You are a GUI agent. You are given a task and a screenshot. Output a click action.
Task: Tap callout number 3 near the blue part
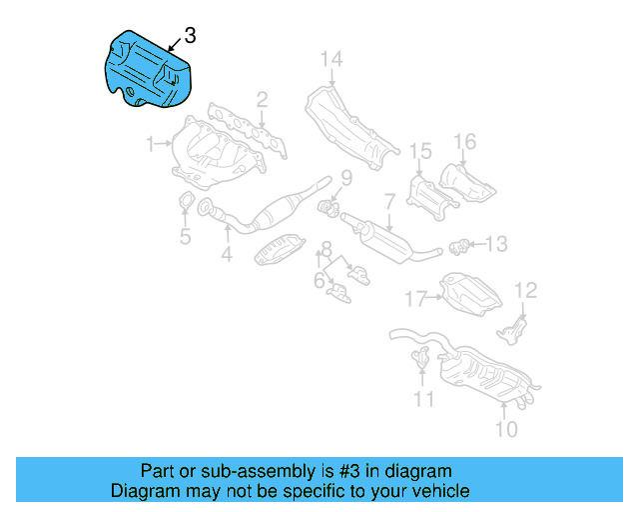click(190, 35)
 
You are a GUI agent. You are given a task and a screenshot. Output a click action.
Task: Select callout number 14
click(330, 60)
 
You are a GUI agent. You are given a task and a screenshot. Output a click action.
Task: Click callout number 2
click(262, 99)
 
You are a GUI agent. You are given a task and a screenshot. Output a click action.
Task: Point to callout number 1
click(150, 145)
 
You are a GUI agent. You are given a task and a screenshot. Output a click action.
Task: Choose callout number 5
click(185, 237)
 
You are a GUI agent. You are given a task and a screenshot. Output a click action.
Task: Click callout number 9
click(345, 179)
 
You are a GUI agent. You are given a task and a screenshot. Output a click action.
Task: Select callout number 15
click(420, 152)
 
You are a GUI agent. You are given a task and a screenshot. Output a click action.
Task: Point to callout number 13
click(496, 243)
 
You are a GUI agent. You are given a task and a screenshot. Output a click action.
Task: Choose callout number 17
click(415, 297)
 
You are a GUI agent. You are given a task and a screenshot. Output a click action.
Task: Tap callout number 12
click(525, 291)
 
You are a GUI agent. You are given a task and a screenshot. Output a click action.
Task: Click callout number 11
click(425, 400)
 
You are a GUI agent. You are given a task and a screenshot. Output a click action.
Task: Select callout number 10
click(507, 430)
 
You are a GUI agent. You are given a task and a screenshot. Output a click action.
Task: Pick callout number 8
click(326, 248)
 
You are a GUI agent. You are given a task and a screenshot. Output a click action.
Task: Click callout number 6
click(319, 282)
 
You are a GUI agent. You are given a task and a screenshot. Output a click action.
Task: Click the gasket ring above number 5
click(186, 207)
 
